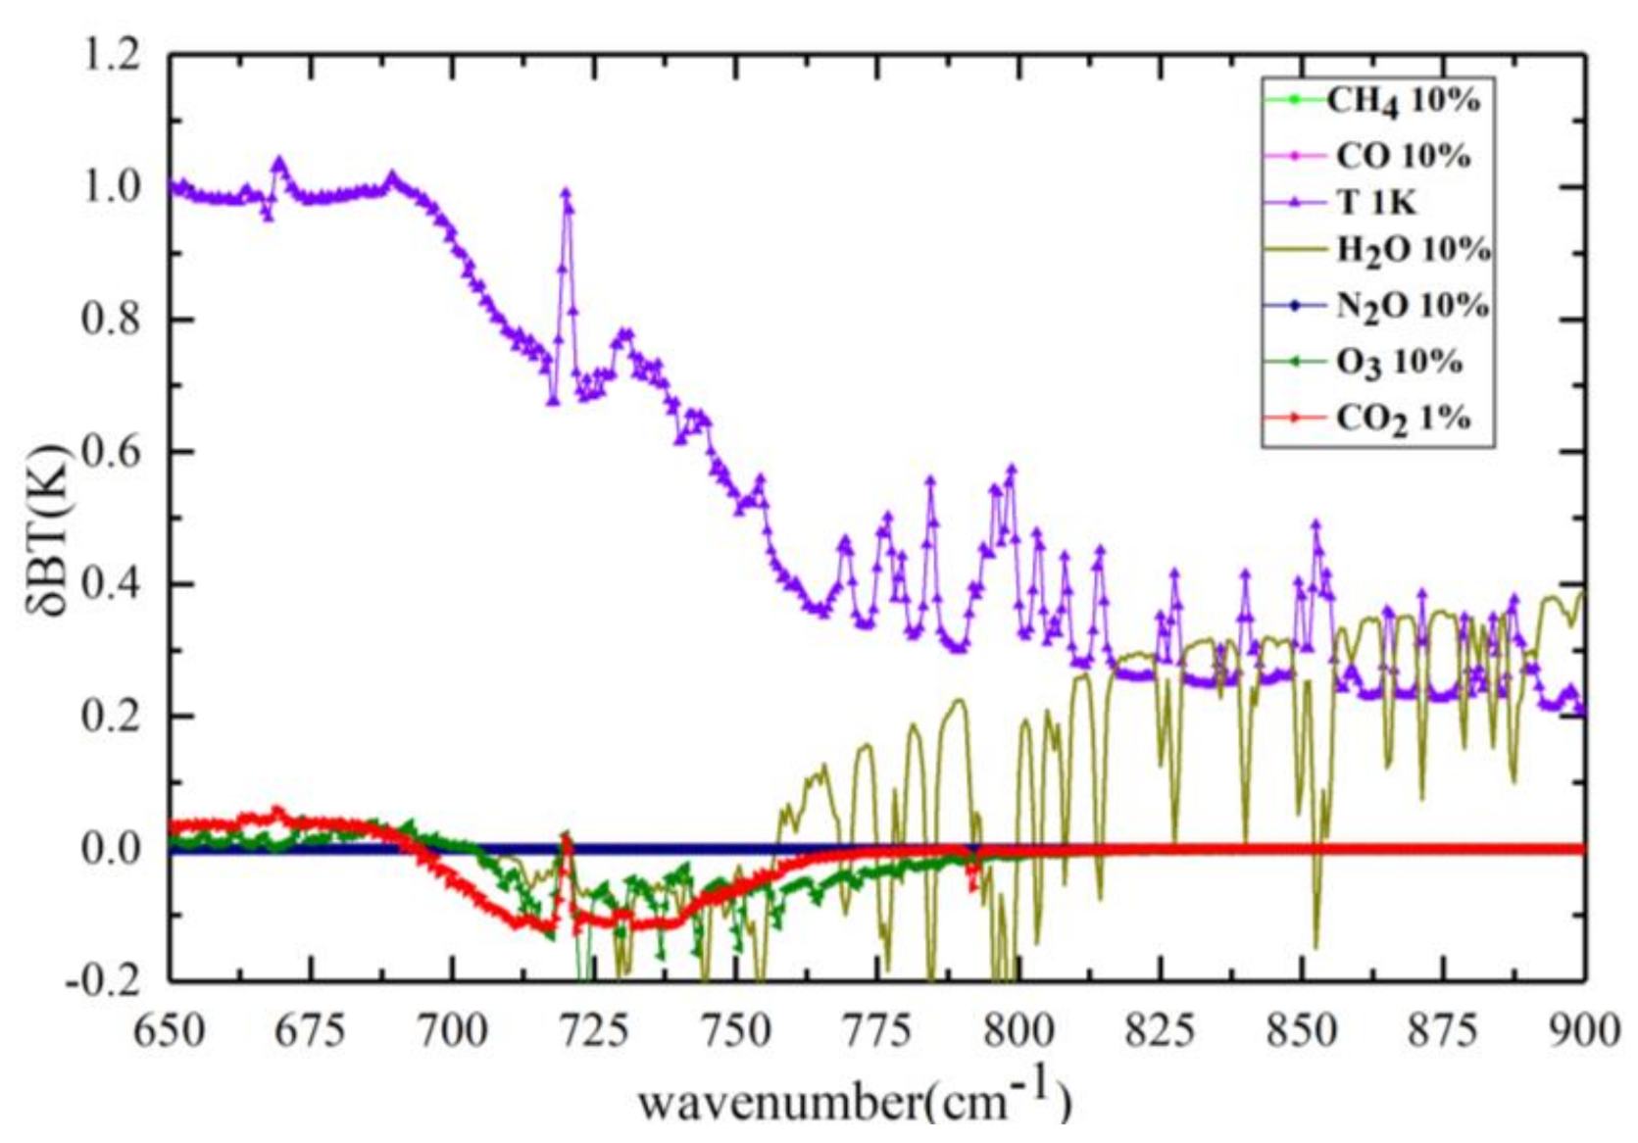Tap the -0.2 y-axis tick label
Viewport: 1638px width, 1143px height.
[x=104, y=979]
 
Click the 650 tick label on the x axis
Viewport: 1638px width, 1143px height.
[x=169, y=1031]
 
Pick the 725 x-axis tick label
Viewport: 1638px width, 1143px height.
[x=593, y=1031]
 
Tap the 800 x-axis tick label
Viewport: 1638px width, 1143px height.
[x=1018, y=1031]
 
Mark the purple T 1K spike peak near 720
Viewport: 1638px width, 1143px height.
[x=566, y=193]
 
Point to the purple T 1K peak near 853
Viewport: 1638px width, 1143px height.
[x=1316, y=524]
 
